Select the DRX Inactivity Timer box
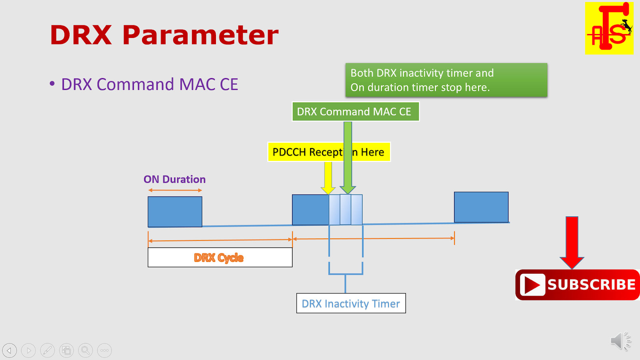tap(351, 303)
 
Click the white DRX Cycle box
tap(220, 257)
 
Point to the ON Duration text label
tap(174, 179)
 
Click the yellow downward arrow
tap(328, 178)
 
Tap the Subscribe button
tap(578, 285)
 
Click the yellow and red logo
tap(609, 28)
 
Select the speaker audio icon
tap(620, 341)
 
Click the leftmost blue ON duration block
tap(175, 212)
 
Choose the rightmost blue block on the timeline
tap(481, 207)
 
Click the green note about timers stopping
tap(446, 80)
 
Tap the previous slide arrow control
tap(10, 350)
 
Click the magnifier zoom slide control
tap(85, 350)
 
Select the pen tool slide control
tap(47, 350)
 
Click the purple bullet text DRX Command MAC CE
tap(149, 84)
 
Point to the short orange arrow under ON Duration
tap(175, 190)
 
